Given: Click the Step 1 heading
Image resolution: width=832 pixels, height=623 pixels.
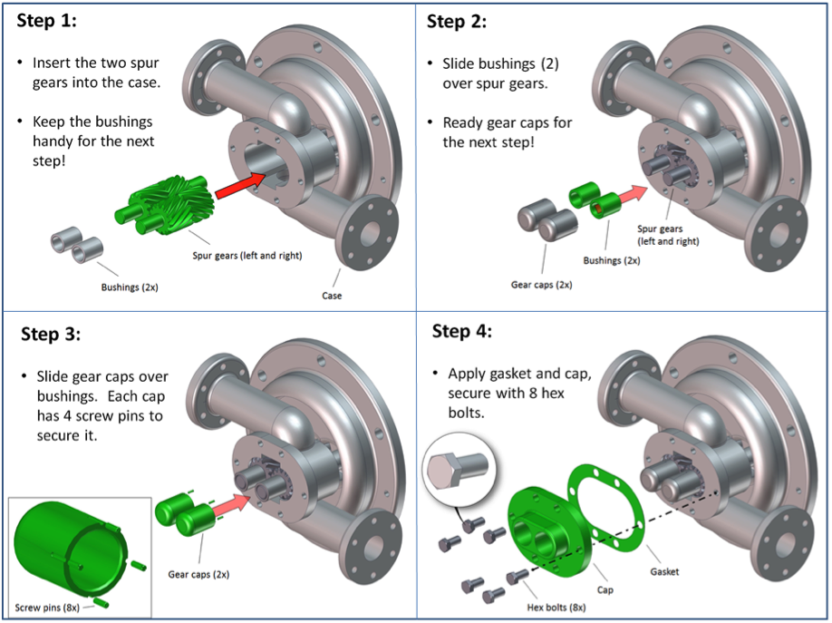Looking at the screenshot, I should [x=48, y=22].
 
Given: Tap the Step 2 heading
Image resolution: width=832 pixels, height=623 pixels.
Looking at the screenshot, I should [x=456, y=22].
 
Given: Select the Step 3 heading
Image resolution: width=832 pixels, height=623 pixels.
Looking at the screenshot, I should [x=51, y=334].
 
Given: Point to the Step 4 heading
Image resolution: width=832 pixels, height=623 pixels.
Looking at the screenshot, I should [x=462, y=330].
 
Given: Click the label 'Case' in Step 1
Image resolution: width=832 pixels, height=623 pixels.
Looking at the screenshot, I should [x=332, y=296].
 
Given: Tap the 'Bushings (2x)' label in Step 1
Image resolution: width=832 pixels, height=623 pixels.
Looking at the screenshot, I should [x=131, y=288].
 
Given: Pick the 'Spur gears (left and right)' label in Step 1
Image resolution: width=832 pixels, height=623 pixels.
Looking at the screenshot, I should [x=247, y=256].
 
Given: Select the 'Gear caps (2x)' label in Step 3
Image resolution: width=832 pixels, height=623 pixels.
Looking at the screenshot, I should [x=198, y=574].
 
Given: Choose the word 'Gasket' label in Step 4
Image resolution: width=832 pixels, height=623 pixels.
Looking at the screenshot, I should [x=666, y=572].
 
